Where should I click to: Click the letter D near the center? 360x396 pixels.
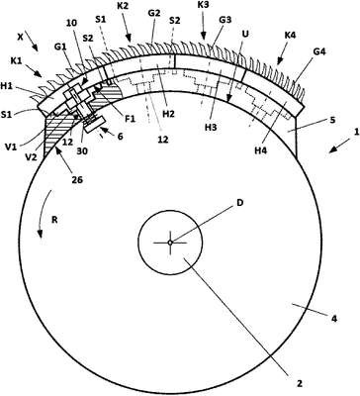pyautogui.click(x=239, y=203)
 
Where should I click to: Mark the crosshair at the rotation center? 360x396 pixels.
pyautogui.click(x=170, y=243)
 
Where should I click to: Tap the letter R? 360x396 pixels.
pyautogui.click(x=54, y=220)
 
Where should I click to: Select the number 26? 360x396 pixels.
pyautogui.click(x=77, y=180)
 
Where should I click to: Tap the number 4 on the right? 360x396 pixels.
pyautogui.click(x=333, y=319)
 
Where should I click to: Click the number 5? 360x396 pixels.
pyautogui.click(x=332, y=120)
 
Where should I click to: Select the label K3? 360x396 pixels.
pyautogui.click(x=204, y=5)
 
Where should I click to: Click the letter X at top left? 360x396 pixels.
pyautogui.click(x=21, y=38)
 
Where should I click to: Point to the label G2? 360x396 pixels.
pyautogui.click(x=153, y=13)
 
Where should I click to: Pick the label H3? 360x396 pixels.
pyautogui.click(x=211, y=128)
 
